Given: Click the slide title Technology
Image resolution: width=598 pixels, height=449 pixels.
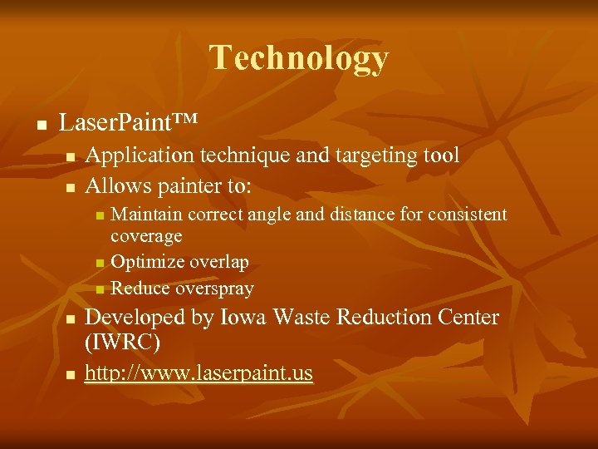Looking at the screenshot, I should [x=299, y=58].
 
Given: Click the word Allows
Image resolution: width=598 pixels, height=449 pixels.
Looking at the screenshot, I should [x=116, y=185].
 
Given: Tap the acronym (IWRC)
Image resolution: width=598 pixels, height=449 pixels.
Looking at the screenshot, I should [x=122, y=342].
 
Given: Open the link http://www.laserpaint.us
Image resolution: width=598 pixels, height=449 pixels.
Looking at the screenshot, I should [x=199, y=373].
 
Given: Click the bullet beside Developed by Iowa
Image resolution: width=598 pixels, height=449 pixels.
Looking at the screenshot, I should [x=71, y=319].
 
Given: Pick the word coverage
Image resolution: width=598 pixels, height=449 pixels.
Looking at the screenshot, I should [x=146, y=237].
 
